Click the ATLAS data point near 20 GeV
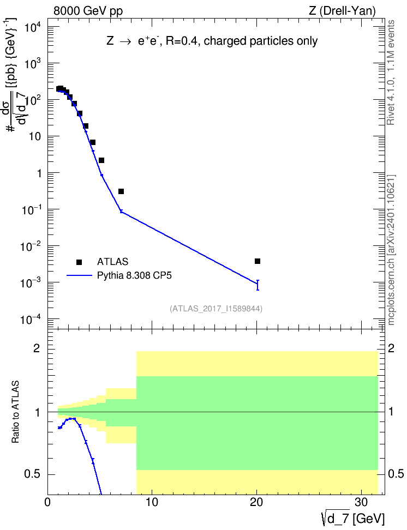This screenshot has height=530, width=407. [258, 261]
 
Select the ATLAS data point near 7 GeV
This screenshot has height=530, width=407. [121, 191]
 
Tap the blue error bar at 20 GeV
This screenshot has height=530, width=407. [258, 285]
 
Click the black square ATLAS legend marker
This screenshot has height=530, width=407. [79, 262]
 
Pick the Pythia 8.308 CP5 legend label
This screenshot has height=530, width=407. [134, 275]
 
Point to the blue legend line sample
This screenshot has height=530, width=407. [79, 275]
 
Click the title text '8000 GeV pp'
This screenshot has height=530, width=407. [88, 11]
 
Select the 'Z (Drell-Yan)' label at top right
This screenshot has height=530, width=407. [342, 11]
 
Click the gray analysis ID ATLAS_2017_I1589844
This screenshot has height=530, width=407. [216, 308]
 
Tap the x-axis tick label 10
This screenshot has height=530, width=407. [152, 502]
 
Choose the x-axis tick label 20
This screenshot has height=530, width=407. [256, 502]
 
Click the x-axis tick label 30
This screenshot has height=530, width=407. [361, 502]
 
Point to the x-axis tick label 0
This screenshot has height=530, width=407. [47, 502]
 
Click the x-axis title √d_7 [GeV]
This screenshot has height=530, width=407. [353, 519]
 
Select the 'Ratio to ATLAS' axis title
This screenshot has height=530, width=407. [15, 412]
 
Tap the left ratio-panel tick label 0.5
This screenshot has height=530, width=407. [32, 474]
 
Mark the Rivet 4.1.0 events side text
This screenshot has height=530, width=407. [391, 73]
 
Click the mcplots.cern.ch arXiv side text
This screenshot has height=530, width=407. [391, 250]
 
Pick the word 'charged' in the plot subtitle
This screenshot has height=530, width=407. [225, 41]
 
